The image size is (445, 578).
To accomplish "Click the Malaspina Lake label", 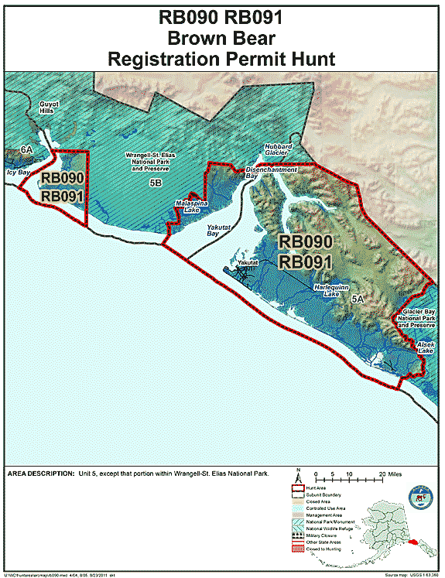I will (187, 205).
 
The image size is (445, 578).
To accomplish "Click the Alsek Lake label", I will (426, 347).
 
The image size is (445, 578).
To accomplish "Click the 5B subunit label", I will (155, 183).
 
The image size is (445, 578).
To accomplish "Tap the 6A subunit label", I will (26, 149).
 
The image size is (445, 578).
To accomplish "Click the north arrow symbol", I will (298, 474).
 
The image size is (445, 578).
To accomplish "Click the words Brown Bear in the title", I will (221, 38).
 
